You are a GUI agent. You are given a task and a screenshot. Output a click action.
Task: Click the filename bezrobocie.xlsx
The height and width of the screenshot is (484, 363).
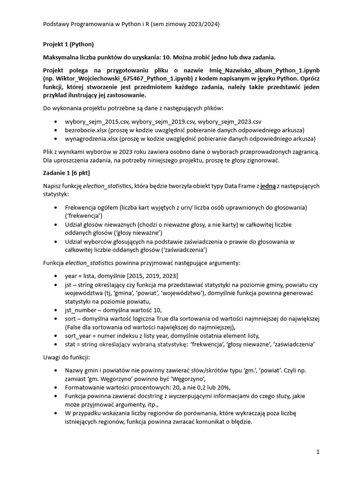[86, 130]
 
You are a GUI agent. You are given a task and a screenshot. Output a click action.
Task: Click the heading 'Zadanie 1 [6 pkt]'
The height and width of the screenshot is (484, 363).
[66, 173]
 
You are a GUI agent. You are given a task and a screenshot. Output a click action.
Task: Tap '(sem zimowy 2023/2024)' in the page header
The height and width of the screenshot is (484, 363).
[184, 24]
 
